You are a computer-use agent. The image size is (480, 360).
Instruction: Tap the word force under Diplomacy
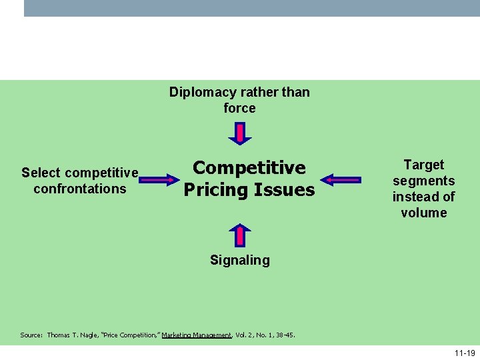[x=239, y=108]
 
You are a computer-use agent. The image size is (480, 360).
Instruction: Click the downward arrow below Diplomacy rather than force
[x=240, y=132]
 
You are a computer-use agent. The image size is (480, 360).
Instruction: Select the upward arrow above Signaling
[x=240, y=235]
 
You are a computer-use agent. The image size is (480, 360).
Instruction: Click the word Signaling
[x=239, y=260]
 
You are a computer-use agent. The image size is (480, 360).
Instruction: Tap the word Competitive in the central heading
[x=249, y=167]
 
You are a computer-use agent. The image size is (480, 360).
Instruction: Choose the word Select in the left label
[x=41, y=173]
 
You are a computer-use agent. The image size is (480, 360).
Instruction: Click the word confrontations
[x=79, y=189]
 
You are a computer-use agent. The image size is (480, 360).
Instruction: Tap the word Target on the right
[x=423, y=165]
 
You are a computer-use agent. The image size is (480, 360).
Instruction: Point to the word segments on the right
[x=423, y=181]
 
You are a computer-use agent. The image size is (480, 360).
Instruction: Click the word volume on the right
[x=423, y=213]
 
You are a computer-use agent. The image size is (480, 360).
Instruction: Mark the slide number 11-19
[x=465, y=352]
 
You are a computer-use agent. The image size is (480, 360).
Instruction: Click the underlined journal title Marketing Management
[x=196, y=335]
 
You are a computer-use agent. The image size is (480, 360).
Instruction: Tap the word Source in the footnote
[x=31, y=335]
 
